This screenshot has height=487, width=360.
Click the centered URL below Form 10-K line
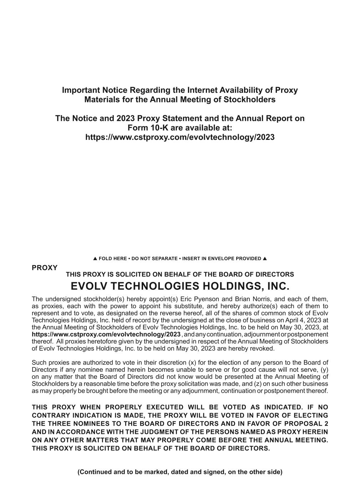[180, 137]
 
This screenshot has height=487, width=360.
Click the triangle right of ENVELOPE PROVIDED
[265, 258]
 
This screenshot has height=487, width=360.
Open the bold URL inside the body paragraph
[106, 334]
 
